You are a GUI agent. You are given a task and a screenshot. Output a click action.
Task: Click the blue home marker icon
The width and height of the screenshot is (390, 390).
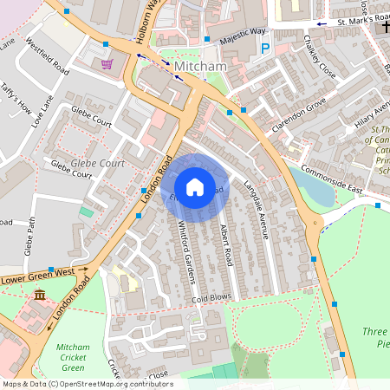[195, 187]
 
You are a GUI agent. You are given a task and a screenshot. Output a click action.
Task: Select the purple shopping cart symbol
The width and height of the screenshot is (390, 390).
[107, 63]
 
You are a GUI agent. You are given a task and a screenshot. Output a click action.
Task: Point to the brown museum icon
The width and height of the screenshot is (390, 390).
[40, 297]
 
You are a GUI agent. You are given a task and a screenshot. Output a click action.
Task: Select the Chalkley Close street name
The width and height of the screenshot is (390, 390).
[322, 57]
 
